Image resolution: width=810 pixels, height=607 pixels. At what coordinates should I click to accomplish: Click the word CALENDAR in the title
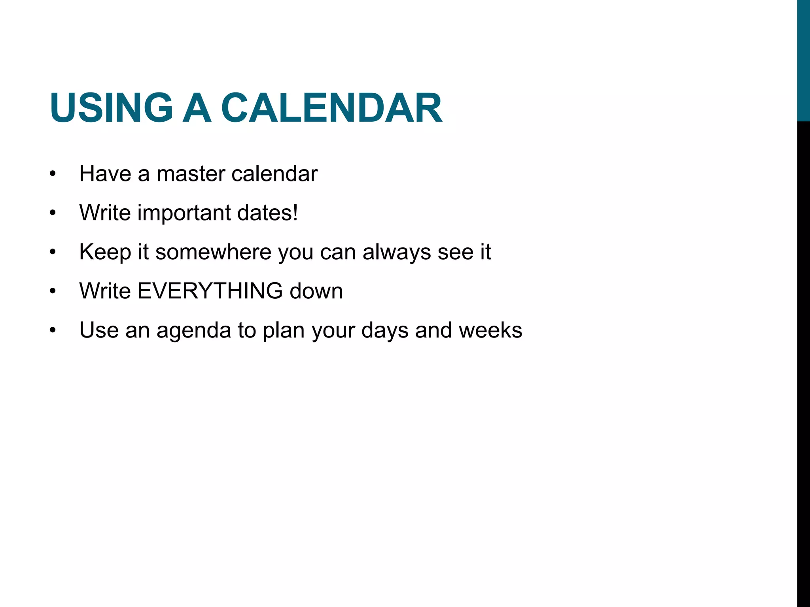point(331,108)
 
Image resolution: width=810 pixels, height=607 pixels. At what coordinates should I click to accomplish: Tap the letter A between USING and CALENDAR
point(197,108)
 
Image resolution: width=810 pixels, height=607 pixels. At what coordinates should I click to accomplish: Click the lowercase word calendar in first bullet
point(274,174)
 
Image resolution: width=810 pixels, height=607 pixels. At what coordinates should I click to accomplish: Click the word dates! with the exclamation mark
point(267,213)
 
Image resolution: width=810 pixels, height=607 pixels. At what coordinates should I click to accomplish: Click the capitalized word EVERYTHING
point(210,291)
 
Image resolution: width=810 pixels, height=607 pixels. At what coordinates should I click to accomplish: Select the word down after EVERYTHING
point(316,291)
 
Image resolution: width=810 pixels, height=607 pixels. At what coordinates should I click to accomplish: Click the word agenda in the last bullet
point(193,330)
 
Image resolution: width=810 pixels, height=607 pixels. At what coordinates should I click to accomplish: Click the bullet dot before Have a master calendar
point(53,174)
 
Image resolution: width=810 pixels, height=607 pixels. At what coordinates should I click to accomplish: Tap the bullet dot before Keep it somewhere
point(53,253)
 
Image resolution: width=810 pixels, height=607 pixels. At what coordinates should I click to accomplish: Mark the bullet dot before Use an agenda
point(53,331)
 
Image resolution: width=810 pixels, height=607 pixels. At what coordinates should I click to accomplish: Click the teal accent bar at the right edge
point(803,59)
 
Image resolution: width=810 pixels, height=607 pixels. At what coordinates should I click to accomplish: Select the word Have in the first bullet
point(105,174)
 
